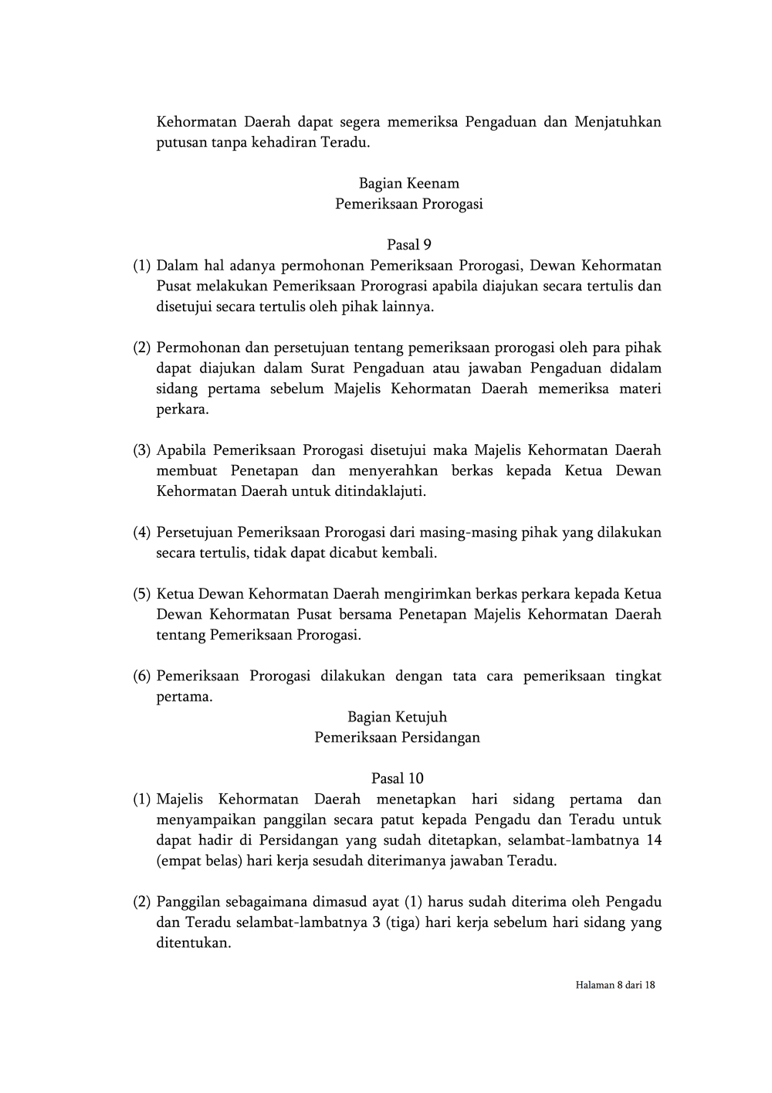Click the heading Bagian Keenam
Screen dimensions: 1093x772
(408, 184)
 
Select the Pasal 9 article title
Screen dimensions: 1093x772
(408, 245)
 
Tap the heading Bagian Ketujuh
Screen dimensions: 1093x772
(397, 717)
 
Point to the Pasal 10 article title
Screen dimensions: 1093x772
(397, 779)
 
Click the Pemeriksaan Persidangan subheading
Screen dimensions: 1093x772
(397, 738)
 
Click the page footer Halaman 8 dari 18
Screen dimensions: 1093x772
(615, 985)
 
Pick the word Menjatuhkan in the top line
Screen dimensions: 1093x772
(618, 122)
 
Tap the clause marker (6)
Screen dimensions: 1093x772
(141, 677)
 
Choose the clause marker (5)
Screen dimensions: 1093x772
(141, 595)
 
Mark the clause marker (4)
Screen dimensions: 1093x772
(141, 533)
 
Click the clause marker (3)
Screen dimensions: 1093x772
(141, 450)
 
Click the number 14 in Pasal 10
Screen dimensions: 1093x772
(653, 840)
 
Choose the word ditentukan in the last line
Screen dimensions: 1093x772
(193, 943)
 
